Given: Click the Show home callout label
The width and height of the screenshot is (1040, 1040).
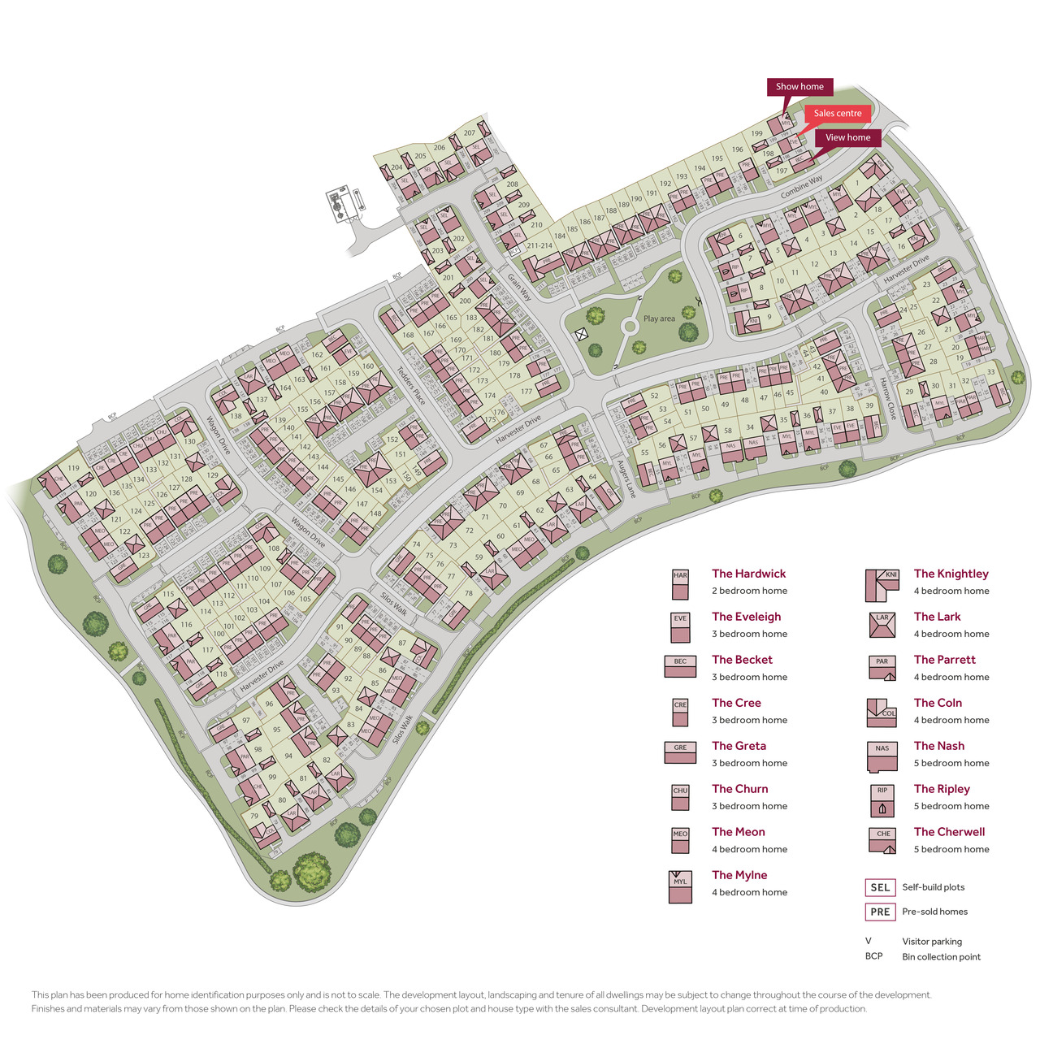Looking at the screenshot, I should pyautogui.click(x=799, y=87).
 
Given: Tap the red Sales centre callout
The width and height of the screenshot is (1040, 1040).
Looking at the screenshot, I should pyautogui.click(x=838, y=114).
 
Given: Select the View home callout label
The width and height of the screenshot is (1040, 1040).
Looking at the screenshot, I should pyautogui.click(x=847, y=138).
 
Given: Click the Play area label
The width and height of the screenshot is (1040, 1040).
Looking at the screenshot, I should pyautogui.click(x=659, y=318).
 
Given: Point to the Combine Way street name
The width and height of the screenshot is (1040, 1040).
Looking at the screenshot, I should pyautogui.click(x=801, y=187).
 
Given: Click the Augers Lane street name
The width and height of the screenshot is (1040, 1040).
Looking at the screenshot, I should pyautogui.click(x=626, y=479).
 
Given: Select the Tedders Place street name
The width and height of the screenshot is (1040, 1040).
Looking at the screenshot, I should pyautogui.click(x=411, y=385).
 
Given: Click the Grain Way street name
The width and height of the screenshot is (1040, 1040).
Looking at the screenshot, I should pyautogui.click(x=519, y=288).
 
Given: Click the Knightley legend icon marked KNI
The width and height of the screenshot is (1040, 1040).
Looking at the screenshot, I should pyautogui.click(x=882, y=584).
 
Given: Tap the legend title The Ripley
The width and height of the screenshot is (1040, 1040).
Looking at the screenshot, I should pyautogui.click(x=942, y=789).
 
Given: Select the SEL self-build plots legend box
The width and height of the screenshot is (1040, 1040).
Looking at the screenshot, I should pyautogui.click(x=880, y=887).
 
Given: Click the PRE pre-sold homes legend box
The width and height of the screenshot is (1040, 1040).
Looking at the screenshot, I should pyautogui.click(x=880, y=912).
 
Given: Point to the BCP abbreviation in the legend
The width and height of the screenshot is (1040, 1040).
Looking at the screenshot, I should pyautogui.click(x=873, y=956).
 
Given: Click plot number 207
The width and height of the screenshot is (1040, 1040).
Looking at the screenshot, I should pyautogui.click(x=470, y=133).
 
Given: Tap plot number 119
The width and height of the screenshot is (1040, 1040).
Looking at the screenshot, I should pyautogui.click(x=74, y=468).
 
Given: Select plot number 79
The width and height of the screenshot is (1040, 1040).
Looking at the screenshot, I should pyautogui.click(x=254, y=816).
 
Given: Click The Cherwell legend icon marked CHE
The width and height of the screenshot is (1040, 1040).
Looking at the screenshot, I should pyautogui.click(x=882, y=841).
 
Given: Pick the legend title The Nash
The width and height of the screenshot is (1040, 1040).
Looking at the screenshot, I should pyautogui.click(x=939, y=746).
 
